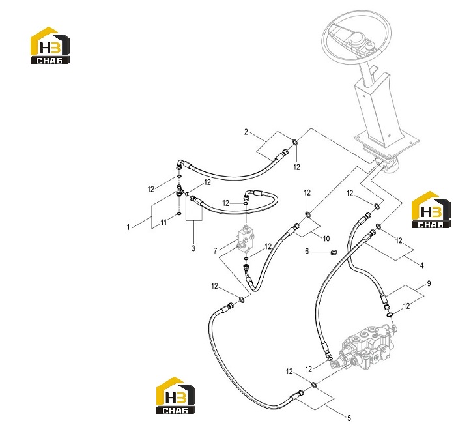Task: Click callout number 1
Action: coord(128,227)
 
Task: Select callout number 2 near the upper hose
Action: coord(246,132)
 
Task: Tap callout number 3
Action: coord(193,248)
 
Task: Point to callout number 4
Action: coord(421,265)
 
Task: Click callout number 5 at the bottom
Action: coord(349,418)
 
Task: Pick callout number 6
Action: coord(307,251)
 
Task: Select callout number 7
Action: coord(215,250)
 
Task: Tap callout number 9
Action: coord(429,283)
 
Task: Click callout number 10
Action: coord(326,239)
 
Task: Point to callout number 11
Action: coord(164,222)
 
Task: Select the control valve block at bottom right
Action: coord(366,347)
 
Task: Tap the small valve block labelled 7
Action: coord(246,239)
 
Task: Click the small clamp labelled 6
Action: coord(334,252)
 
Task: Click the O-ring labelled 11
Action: coord(179,214)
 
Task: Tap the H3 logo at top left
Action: coord(50,46)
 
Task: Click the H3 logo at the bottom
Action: coord(176,396)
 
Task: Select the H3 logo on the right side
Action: coord(431,210)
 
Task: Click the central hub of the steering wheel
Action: coord(357,38)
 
